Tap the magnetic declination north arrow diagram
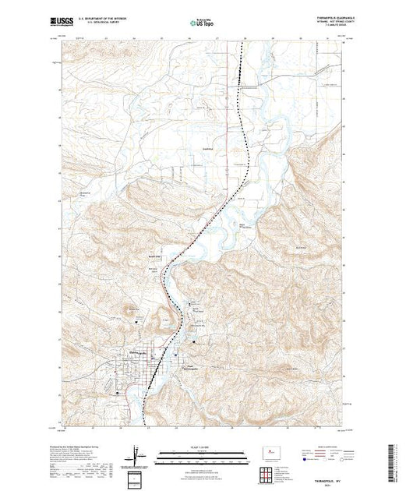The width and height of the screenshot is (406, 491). click(139, 454)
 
